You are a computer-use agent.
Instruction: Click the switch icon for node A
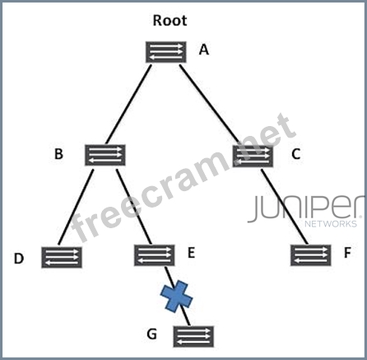coord(166,52)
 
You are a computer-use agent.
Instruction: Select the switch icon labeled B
coord(105,155)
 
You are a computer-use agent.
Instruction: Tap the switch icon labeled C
coord(253,157)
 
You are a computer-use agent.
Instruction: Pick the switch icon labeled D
coord(62,257)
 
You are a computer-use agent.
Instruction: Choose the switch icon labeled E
coord(154,255)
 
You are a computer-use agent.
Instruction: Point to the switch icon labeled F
coord(311,255)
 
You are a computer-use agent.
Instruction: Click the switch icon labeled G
coord(193,336)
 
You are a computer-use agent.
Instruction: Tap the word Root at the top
coord(170,21)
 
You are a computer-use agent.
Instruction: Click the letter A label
coord(204,49)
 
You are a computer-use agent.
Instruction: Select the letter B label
coord(58,154)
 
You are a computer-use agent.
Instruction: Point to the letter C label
coord(296,154)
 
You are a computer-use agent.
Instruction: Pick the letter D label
coord(19,259)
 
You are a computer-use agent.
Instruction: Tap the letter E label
coord(191,253)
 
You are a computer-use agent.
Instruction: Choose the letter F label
coord(347,253)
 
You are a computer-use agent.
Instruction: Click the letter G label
coord(152,334)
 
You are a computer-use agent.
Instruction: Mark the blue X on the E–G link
coord(176,297)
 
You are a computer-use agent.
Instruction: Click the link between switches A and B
coord(128,105)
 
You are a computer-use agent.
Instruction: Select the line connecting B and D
coord(76,207)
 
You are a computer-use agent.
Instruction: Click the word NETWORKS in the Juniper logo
coord(331,224)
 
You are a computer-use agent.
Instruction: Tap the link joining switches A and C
coord(210,104)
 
